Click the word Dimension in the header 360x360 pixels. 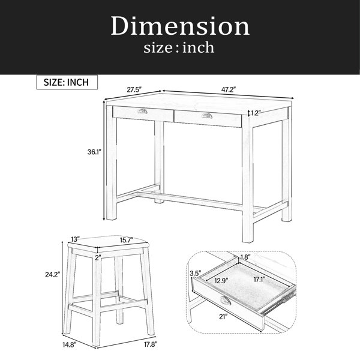pos(180,26)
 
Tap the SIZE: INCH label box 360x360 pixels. pos(67,82)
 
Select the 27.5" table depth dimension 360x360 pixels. pos(134,89)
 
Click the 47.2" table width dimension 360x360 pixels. pos(229,89)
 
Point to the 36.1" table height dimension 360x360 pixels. pos(94,152)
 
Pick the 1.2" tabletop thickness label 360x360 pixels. pos(256,113)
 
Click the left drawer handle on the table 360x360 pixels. pos(143,112)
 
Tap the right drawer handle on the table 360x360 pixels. pos(207,115)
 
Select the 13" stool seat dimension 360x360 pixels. pos(75,239)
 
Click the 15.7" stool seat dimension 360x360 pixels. pos(127,240)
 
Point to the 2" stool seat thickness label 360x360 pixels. pos(98,257)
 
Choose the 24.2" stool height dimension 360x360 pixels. pos(53,274)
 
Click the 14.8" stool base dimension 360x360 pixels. pos(70,345)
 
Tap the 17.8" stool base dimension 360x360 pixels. pos(150,344)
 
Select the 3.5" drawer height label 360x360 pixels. pos(196,274)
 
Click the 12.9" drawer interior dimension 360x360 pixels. pos(221,281)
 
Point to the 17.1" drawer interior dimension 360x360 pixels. pos(260,280)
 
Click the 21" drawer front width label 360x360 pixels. pos(223,317)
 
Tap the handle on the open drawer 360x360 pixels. pos(224,300)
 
